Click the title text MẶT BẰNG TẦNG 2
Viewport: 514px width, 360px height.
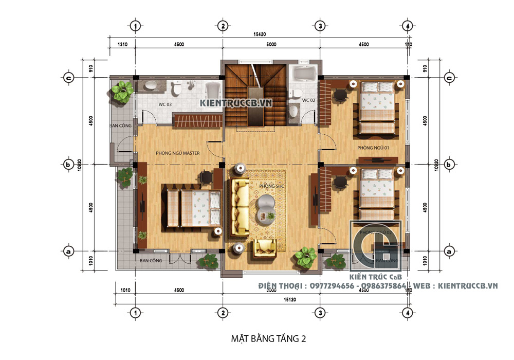(268, 338)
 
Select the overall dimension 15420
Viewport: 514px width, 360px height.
(260, 34)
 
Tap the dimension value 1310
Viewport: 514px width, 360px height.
(122, 45)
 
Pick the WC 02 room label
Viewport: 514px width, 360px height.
(308, 100)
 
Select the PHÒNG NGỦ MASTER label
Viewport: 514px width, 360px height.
(177, 153)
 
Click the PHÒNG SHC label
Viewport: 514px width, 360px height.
(271, 186)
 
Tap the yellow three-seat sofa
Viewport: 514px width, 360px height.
(240, 206)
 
